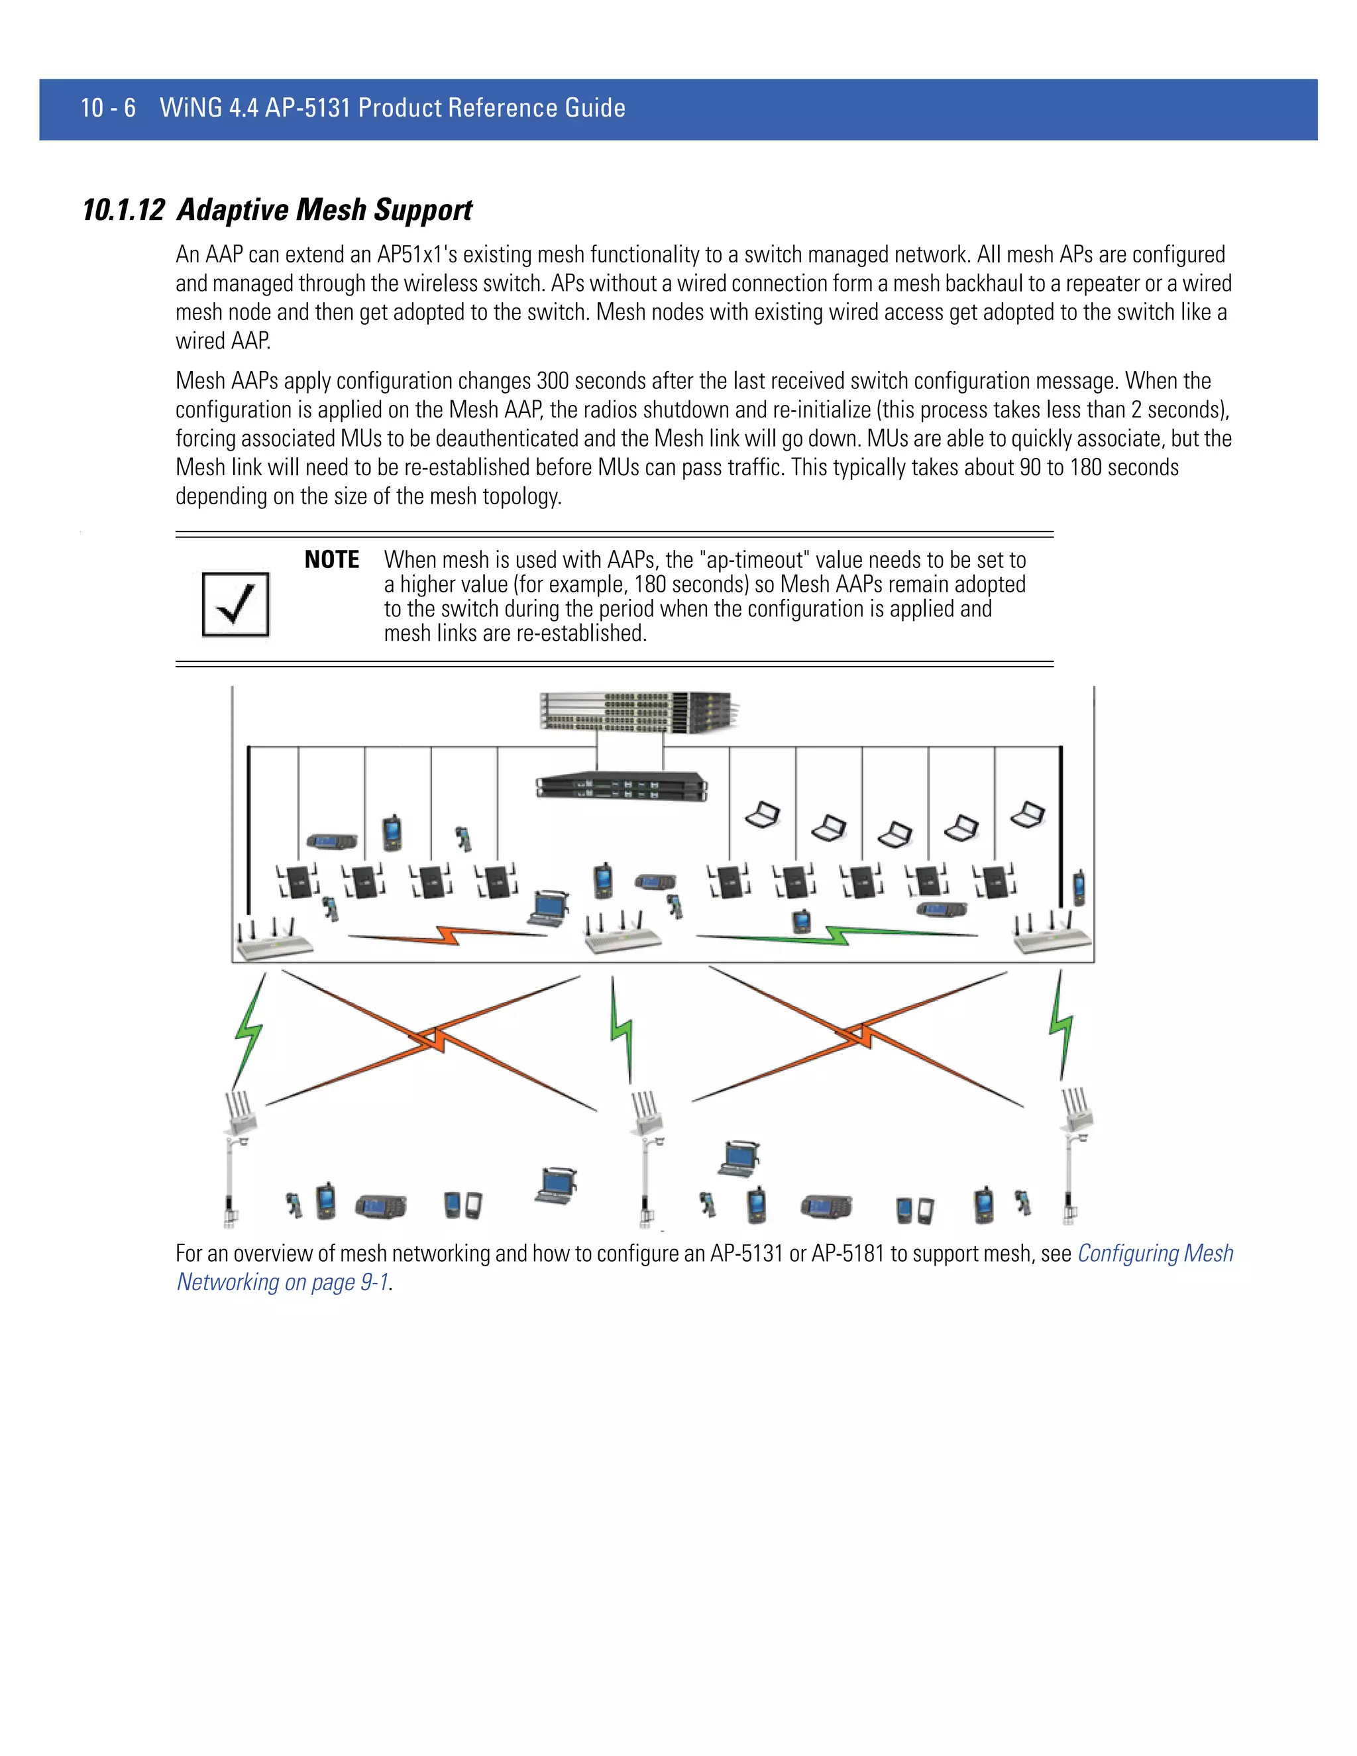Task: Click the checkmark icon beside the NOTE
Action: [x=235, y=604]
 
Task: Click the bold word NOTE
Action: [x=331, y=560]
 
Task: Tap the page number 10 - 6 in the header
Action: [x=108, y=108]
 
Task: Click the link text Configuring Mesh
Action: [x=1154, y=1254]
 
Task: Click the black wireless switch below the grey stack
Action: [x=622, y=785]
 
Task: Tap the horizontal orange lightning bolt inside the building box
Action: [x=447, y=935]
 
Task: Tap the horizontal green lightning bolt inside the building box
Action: [x=836, y=935]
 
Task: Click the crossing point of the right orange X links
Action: [x=860, y=1035]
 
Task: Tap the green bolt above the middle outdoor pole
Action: [x=622, y=1029]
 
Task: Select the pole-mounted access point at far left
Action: [x=241, y=1114]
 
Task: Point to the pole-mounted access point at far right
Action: [x=1077, y=1111]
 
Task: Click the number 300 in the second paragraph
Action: [x=553, y=380]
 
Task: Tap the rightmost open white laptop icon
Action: [x=1028, y=814]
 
